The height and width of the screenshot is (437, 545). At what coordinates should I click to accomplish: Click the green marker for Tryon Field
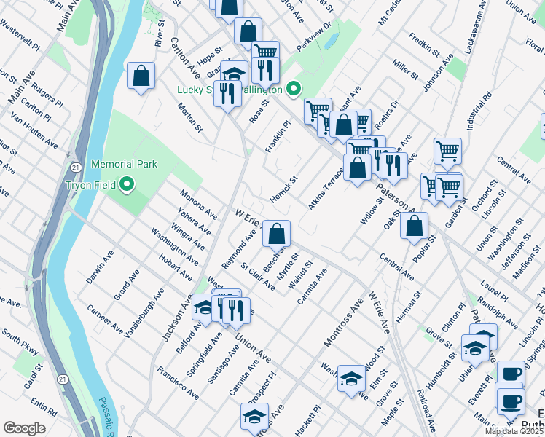[x=127, y=184]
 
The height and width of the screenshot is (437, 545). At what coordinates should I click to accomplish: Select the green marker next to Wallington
[x=294, y=90]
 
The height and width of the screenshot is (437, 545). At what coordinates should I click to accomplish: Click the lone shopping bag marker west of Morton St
[x=141, y=76]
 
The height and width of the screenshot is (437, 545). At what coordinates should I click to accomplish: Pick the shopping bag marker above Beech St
[x=276, y=234]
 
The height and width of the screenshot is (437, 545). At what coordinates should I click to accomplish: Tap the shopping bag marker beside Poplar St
[x=414, y=226]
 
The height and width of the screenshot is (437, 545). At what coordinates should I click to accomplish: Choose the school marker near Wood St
[x=351, y=378]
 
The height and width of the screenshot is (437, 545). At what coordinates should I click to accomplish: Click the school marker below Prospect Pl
[x=254, y=417]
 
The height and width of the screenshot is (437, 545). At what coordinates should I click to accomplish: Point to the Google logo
[x=24, y=428]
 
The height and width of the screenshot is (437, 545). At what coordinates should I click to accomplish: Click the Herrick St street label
[x=283, y=188]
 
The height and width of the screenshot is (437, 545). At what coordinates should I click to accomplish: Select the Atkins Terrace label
[x=325, y=189]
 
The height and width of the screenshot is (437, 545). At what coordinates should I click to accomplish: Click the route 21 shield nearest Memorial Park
[x=72, y=167]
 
